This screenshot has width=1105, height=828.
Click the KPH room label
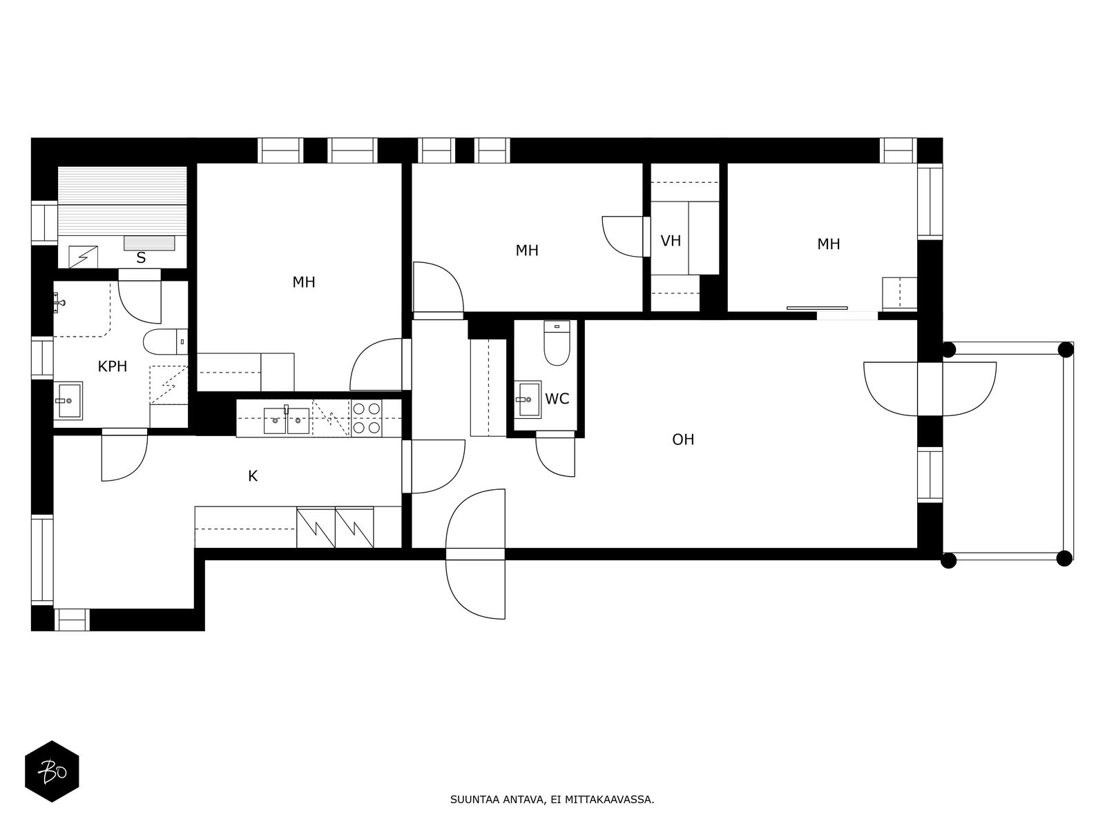coord(113,366)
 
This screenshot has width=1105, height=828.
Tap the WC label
coord(557,399)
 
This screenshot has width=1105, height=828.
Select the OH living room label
coord(682,440)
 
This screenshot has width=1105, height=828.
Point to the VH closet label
coord(671,241)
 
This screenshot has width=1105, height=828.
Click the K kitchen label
coord(253,475)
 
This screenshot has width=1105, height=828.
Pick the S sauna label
coord(141,258)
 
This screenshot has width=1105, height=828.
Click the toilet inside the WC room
coord(557,343)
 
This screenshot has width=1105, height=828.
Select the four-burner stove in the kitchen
coord(367,417)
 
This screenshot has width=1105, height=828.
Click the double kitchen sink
coord(287,420)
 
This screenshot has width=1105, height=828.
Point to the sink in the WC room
coord(528,400)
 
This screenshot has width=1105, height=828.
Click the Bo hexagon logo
coord(52,771)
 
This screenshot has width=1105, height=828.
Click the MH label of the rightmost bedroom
coord(828,244)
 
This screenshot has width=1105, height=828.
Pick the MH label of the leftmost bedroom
coord(304,282)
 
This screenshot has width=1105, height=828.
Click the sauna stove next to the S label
coord(83,257)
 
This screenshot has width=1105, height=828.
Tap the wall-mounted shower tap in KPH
coord(59,303)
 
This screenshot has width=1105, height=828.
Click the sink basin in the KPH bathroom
coord(68,401)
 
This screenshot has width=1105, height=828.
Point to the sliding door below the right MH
coord(817,308)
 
